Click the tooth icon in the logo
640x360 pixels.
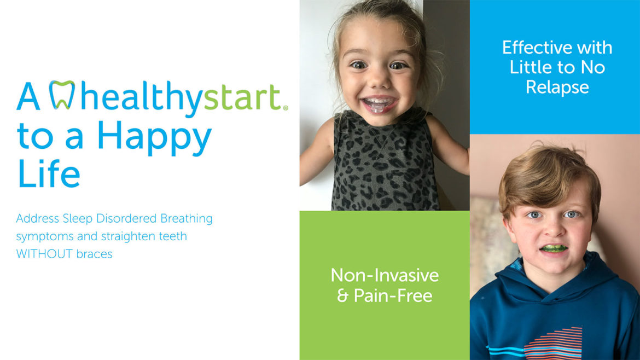point(62,94)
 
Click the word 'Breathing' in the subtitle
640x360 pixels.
point(186,219)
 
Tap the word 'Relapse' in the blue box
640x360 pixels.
point(557,87)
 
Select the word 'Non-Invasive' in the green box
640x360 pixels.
point(385,275)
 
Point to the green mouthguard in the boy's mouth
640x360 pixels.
point(553,248)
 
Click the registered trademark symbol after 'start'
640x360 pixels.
point(285,108)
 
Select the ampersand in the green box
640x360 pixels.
point(342,296)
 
